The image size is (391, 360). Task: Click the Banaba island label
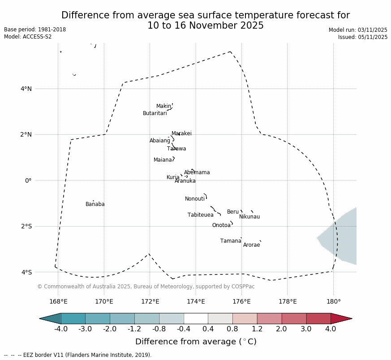point(95,204)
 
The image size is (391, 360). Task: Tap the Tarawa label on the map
point(176,149)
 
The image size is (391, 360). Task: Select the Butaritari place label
point(155,113)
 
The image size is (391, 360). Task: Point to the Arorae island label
point(251,245)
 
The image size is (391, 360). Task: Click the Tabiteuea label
point(200,215)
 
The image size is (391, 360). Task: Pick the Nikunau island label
point(249,217)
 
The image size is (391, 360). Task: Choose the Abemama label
point(197,172)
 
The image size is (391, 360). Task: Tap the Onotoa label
point(221,225)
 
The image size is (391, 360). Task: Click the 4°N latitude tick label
point(26,89)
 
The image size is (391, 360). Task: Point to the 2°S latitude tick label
point(26,226)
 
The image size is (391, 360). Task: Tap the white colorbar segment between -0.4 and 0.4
point(196,318)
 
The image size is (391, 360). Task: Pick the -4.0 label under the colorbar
point(61,329)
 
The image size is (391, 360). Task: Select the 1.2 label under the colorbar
point(257,329)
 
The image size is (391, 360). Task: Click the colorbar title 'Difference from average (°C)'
point(196,342)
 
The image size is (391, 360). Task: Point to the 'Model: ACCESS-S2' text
point(28,37)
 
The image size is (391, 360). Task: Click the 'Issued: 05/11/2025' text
point(363,37)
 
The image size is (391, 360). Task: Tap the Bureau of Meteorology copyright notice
point(146,287)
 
